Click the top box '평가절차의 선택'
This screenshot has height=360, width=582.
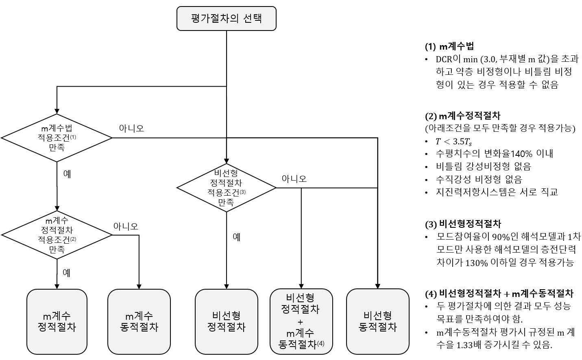point(226,18)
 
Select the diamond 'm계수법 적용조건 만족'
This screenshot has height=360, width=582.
point(57,138)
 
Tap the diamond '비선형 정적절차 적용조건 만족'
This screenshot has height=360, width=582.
point(226,188)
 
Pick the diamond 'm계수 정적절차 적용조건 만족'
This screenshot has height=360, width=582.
point(57,235)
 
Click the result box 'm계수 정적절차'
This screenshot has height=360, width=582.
point(57,321)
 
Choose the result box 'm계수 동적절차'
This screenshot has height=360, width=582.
point(139,321)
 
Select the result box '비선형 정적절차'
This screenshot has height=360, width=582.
point(226,321)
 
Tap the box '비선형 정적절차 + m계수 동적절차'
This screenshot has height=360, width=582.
point(301,321)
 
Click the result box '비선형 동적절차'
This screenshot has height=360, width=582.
point(377,321)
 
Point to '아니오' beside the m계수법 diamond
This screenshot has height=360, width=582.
point(131,129)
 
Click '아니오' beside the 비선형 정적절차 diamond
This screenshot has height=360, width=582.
point(294,179)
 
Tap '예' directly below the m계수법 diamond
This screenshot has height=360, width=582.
point(67,174)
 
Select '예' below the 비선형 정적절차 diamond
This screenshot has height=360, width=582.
point(237,237)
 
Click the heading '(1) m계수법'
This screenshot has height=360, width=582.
point(449,46)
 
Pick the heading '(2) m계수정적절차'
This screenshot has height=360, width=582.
point(462,116)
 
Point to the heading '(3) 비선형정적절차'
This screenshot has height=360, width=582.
point(463,224)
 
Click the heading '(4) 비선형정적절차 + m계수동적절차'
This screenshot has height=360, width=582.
point(499,294)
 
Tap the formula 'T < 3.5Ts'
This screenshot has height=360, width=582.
point(453,142)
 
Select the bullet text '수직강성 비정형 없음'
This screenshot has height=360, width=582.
point(479,179)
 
